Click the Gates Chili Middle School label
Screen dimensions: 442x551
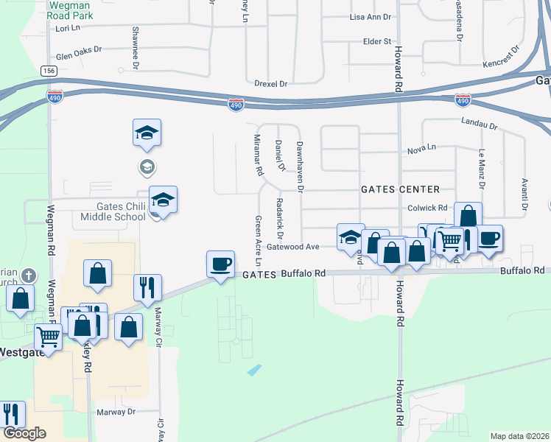point(110,211)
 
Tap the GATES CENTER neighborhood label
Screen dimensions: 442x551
point(400,189)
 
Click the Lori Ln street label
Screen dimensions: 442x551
point(67,29)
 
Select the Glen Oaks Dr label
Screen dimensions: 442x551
point(78,57)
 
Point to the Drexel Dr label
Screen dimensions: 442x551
point(270,84)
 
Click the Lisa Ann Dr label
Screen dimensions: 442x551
point(371,15)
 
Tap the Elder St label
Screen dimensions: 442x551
point(376,41)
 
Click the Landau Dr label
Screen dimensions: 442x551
point(480,124)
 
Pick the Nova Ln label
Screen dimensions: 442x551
point(421,150)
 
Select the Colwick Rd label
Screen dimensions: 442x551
point(428,208)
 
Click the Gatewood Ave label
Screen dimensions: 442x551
point(292,247)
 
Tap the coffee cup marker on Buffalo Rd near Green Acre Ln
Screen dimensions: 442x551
point(221,264)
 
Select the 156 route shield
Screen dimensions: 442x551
point(49,71)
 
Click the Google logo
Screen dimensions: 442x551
point(24,433)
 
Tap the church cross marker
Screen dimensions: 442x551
point(29,275)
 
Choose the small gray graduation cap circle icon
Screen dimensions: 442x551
point(147,167)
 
